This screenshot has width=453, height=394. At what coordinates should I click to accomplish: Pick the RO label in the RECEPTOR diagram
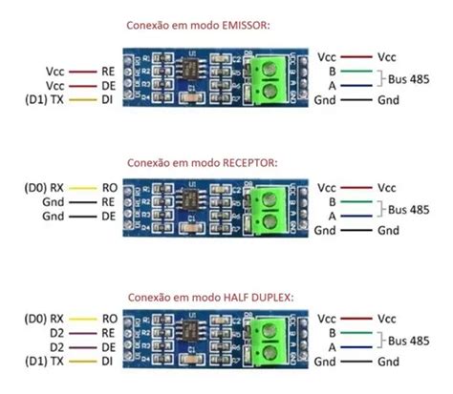(x=110, y=189)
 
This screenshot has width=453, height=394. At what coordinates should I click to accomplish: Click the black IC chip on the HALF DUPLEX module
(x=199, y=335)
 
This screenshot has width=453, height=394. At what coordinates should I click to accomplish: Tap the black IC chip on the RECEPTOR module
(x=199, y=201)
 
